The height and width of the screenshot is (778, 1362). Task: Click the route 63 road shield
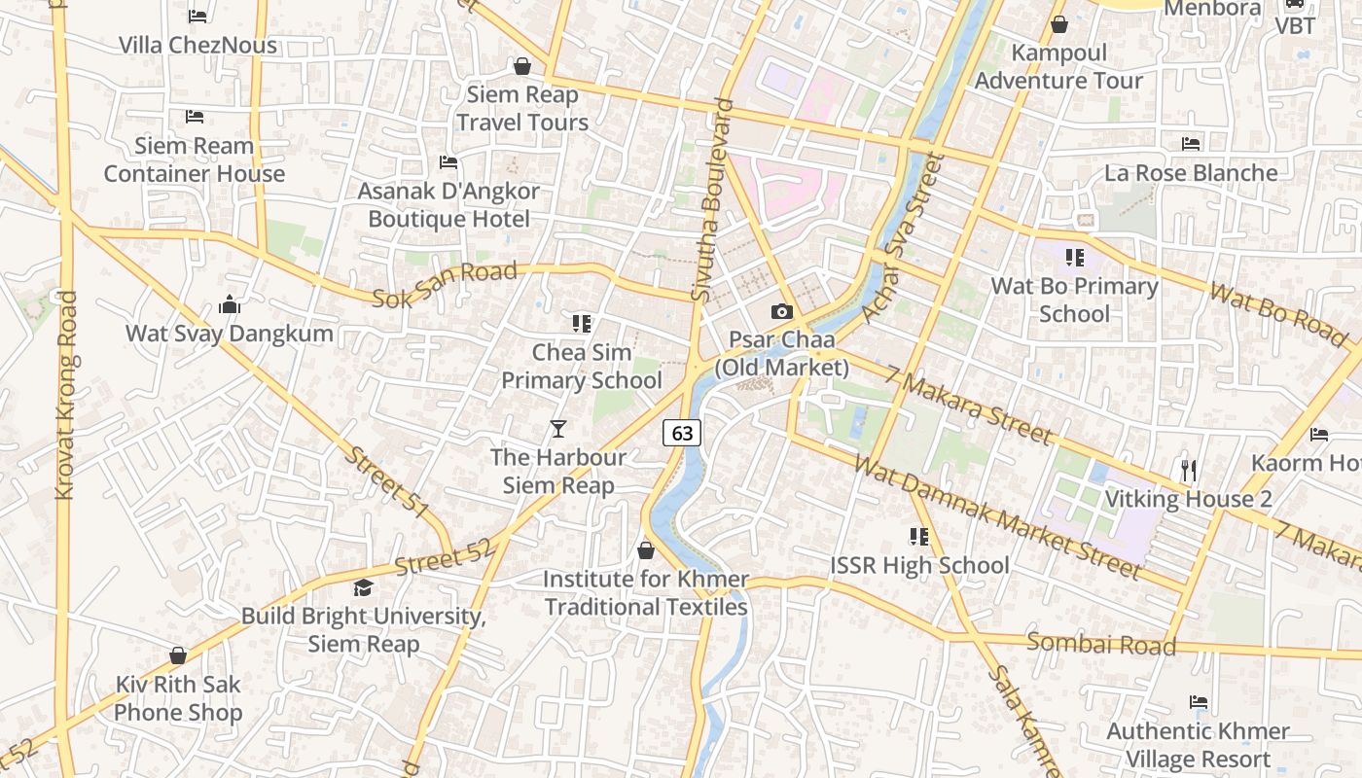tap(682, 433)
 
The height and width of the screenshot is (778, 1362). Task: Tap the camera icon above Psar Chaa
tap(781, 312)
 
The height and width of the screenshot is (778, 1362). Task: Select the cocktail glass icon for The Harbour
tap(557, 428)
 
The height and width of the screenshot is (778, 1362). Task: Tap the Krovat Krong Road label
tap(66, 396)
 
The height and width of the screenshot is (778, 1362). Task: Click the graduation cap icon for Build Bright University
tap(363, 587)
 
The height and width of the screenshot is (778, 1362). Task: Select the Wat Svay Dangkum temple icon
tap(230, 305)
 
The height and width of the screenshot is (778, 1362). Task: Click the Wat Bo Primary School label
tap(1074, 300)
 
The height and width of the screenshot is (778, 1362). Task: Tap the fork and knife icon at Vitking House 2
tap(1188, 471)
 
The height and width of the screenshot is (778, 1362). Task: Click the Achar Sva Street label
tap(904, 237)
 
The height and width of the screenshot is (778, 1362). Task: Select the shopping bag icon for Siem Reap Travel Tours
tap(522, 66)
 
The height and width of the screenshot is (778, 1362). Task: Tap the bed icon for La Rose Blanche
tap(1191, 144)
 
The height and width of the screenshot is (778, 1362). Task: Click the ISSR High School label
tap(919, 565)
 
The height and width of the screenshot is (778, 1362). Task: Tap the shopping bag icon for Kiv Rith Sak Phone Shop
tap(178, 655)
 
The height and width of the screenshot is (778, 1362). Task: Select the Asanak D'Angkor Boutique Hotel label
tap(448, 204)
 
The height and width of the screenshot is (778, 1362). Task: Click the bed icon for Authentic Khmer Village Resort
tap(1199, 702)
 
